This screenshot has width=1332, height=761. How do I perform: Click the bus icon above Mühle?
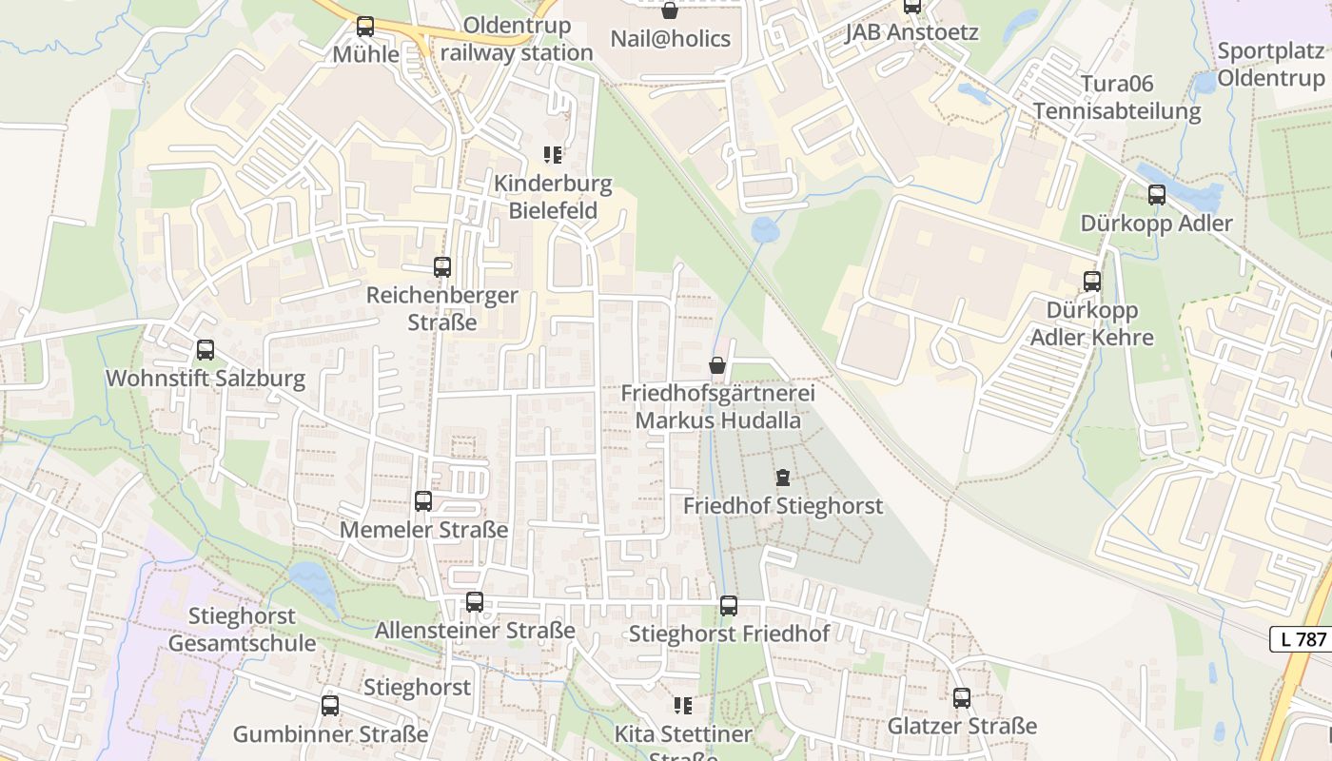[x=365, y=27]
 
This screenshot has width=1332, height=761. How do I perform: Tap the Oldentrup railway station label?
[x=517, y=39]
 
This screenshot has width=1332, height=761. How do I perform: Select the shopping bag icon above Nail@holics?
[x=670, y=10]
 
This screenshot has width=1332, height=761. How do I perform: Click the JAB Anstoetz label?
[x=911, y=32]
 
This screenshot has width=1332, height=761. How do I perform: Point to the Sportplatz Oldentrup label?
[x=1270, y=64]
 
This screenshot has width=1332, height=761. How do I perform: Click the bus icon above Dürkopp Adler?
[x=1157, y=195]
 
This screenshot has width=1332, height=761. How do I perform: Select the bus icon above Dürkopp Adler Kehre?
[x=1092, y=282]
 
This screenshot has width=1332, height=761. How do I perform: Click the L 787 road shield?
[x=1303, y=639]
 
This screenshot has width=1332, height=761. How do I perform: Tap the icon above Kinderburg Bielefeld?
[x=553, y=154]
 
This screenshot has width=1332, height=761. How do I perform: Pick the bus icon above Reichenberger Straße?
[x=442, y=267]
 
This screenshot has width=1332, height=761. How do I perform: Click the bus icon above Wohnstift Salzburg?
[x=206, y=350]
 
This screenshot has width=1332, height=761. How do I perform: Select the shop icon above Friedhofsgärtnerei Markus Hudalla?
[x=717, y=365]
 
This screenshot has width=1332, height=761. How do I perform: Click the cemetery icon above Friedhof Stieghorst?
[x=782, y=478]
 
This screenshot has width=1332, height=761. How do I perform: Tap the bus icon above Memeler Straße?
[x=423, y=500]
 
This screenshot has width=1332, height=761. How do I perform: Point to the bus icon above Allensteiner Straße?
[x=474, y=602]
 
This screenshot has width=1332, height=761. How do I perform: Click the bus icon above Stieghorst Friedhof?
[x=729, y=605]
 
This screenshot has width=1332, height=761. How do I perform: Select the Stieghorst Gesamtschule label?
[x=242, y=630]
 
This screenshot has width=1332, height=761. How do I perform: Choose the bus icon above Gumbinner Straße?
[x=330, y=706]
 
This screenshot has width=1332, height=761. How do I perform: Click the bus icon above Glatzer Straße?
[x=962, y=698]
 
